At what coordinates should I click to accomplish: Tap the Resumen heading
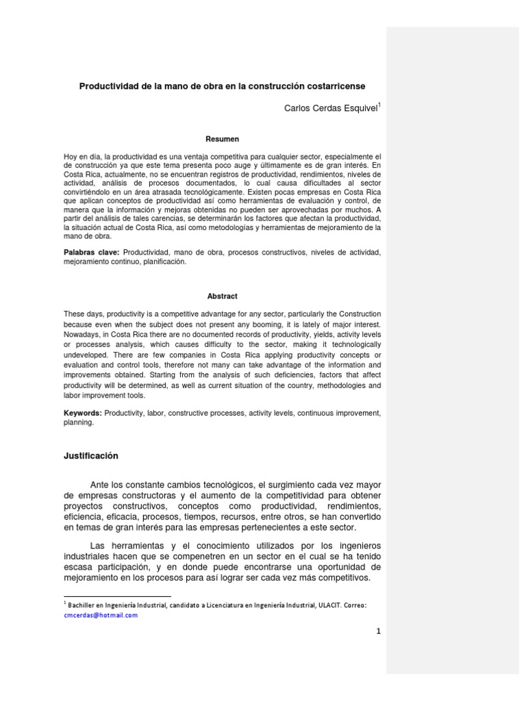point(223,138)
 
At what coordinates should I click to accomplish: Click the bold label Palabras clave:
point(87,253)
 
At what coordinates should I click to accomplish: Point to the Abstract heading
point(223,296)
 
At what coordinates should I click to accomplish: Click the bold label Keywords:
point(82,413)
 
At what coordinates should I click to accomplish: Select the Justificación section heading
point(91,455)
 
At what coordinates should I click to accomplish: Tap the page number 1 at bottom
point(377,631)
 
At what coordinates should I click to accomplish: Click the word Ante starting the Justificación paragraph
point(101,485)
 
